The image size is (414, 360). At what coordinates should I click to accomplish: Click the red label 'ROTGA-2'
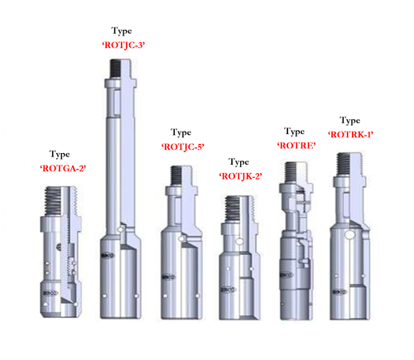pyautogui.click(x=64, y=168)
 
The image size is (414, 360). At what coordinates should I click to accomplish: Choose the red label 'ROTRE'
pyautogui.click(x=294, y=145)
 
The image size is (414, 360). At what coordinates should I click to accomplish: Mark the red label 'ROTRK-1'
pyautogui.click(x=350, y=134)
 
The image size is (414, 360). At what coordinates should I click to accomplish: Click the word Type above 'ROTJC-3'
pyautogui.click(x=122, y=31)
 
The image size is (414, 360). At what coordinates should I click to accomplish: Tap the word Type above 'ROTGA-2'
pyautogui.click(x=60, y=154)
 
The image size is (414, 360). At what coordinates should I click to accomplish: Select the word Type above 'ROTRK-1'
pyautogui.click(x=350, y=120)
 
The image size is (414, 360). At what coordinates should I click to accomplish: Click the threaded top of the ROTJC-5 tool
pyautogui.click(x=181, y=175)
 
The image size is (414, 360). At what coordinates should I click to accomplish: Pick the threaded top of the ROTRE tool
pyautogui.click(x=295, y=172)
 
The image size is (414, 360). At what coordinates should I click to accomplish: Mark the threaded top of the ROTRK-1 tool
pyautogui.click(x=348, y=166)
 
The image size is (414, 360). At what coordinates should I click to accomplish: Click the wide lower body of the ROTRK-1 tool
pyautogui.click(x=349, y=273)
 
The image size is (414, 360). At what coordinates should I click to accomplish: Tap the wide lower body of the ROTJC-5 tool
pyautogui.click(x=183, y=273)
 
